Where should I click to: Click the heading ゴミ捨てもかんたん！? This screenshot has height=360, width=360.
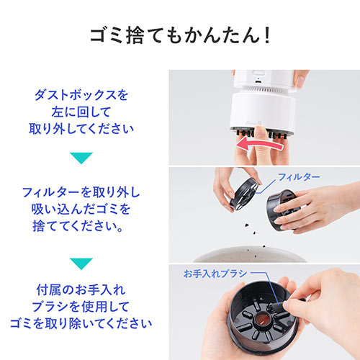(x=179, y=35)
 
